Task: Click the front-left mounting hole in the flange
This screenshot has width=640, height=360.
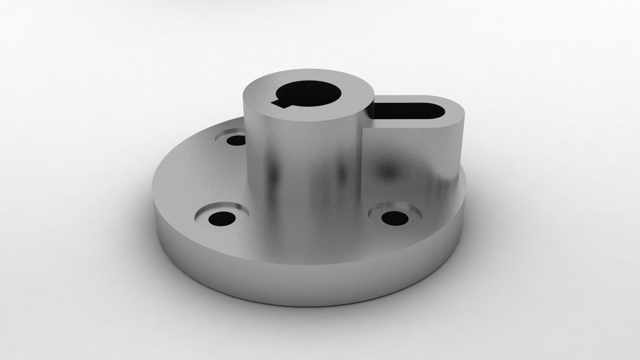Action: (x=221, y=219)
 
